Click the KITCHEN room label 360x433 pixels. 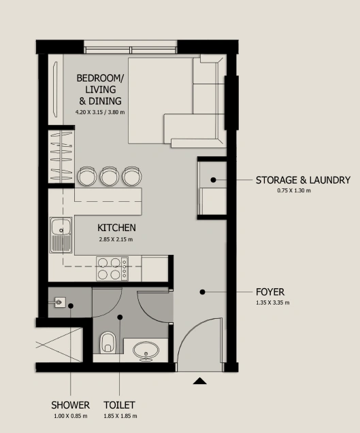pos(116,228)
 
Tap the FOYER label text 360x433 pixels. pos(270,292)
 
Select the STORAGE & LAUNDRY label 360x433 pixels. pos(303,180)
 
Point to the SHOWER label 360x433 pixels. pos(71,405)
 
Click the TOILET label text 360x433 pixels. pos(119,405)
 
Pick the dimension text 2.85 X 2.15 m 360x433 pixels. pos(116,239)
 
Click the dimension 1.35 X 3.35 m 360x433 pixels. pos(273,302)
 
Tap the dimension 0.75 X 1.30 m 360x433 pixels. pos(294,190)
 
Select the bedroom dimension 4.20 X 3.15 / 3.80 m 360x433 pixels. pos(100,112)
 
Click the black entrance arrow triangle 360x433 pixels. pos(199,381)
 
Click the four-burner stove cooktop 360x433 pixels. pos(112,269)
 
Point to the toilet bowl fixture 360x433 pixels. pos(108,343)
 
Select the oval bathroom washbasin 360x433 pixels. pos(146,351)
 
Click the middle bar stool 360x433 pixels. pos(109,176)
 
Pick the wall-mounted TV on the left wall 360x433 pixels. pos(55,90)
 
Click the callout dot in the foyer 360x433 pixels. pos(202,292)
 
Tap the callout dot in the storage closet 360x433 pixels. pos(213,179)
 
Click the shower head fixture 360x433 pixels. pos(59,302)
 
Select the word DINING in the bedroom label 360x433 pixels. pos(105,101)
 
